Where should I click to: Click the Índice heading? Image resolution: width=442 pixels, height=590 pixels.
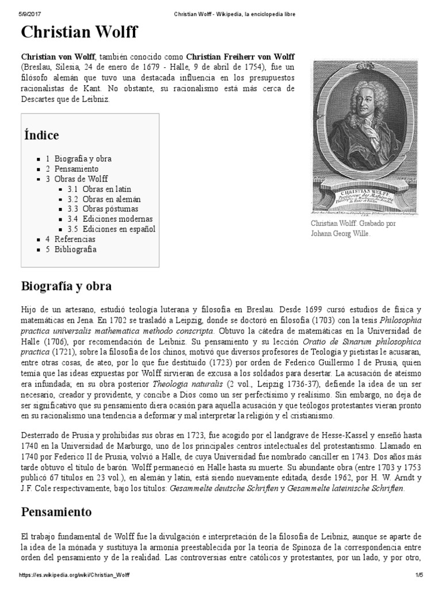click(41, 135)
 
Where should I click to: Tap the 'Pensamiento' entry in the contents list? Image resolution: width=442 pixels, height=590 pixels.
click(77, 169)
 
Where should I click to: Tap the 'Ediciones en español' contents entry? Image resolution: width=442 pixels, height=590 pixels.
click(119, 229)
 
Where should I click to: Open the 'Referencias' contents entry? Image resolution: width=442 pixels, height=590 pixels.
click(75, 239)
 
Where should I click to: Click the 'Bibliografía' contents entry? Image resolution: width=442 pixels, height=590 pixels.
click(75, 249)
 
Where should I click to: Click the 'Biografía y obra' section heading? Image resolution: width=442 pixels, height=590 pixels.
click(66, 286)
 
